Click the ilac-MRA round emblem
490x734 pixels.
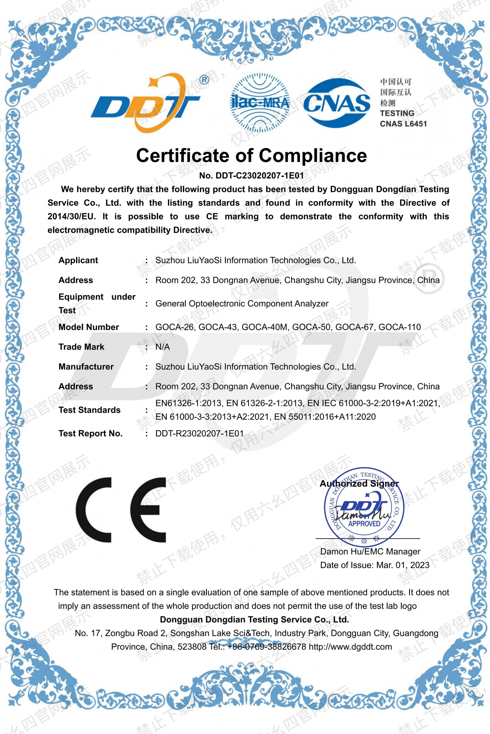pos(260,102)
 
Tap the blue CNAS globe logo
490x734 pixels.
pos(336,103)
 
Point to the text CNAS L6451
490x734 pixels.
pos(403,124)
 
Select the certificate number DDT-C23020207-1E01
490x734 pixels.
pos(260,175)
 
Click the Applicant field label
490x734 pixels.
pos(78,260)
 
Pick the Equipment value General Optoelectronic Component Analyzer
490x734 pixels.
pos(242,304)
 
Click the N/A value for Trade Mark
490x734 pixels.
pos(162,347)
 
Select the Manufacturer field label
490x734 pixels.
pos(86,367)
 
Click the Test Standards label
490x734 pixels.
pos(89,410)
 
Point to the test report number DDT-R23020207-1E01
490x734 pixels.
pos(200,433)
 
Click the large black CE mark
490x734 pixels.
pos(121,510)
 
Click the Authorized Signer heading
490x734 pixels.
pos(359,484)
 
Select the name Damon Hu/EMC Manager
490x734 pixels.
pos(370,552)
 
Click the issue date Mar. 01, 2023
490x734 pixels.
pos(403,565)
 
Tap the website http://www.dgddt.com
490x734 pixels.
pos(350,647)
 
